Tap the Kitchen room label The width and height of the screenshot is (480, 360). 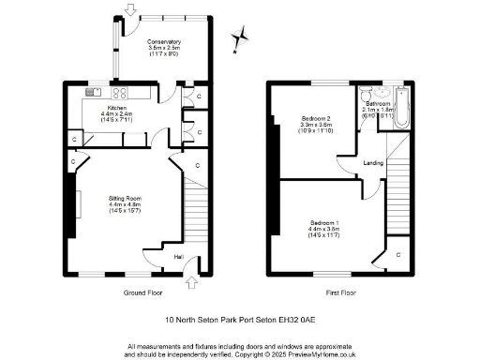[117, 109]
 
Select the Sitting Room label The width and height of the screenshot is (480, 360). [125, 199]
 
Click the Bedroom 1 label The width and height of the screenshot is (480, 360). [327, 222]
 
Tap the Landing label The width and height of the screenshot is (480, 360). [373, 163]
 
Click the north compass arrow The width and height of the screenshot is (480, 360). [242, 36]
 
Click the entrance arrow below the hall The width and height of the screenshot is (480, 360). [193, 282]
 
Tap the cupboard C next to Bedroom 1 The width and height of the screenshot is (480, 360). [397, 254]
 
